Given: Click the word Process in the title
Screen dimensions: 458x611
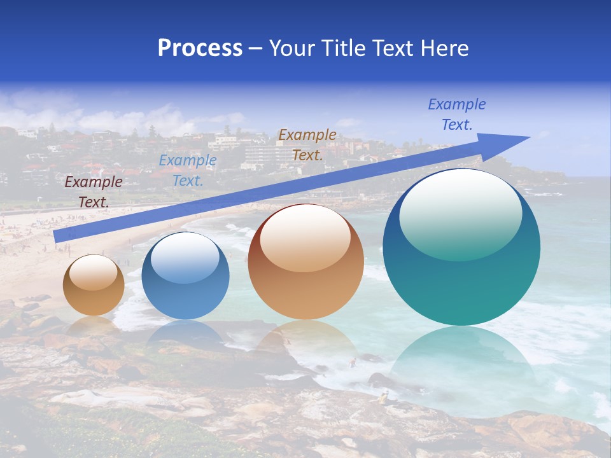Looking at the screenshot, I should [200, 48].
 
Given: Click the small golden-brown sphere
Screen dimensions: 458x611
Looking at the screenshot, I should [94, 286].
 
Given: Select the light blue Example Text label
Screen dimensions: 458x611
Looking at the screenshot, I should [187, 170].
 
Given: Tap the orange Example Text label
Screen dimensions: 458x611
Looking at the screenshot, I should [307, 145].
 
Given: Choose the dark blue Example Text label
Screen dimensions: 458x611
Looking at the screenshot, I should [456, 114].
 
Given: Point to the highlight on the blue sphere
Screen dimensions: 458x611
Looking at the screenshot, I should [185, 258].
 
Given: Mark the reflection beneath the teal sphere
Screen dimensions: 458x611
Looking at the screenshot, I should [461, 356].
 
